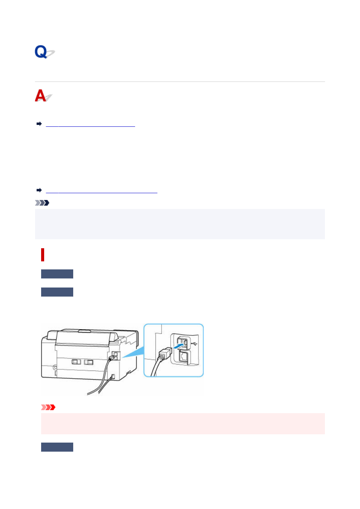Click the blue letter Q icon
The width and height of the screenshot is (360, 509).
pos(44,52)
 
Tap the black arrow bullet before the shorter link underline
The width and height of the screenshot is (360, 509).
pos(39,124)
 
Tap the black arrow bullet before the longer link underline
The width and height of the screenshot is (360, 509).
pos(39,190)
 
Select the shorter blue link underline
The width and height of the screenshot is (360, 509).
pos(91,126)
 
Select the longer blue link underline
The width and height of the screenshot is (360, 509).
pos(102,193)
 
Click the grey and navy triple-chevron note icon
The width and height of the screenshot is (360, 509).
pos(42,203)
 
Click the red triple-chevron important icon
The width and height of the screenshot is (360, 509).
pos(48,407)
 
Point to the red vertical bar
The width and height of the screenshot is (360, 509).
pos(43,255)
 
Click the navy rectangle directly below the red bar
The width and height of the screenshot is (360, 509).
pos(57,274)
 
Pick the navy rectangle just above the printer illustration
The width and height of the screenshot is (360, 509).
pos(57,292)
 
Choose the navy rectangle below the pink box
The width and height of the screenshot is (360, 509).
pos(57,447)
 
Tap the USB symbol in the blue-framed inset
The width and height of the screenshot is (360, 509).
pos(194,344)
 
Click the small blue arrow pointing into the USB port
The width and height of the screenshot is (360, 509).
pos(179,346)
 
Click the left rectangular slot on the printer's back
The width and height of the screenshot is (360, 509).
pos(76,362)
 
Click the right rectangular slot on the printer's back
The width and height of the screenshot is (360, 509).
pos(89,362)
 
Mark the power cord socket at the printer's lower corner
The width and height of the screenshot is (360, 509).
pos(113,377)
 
